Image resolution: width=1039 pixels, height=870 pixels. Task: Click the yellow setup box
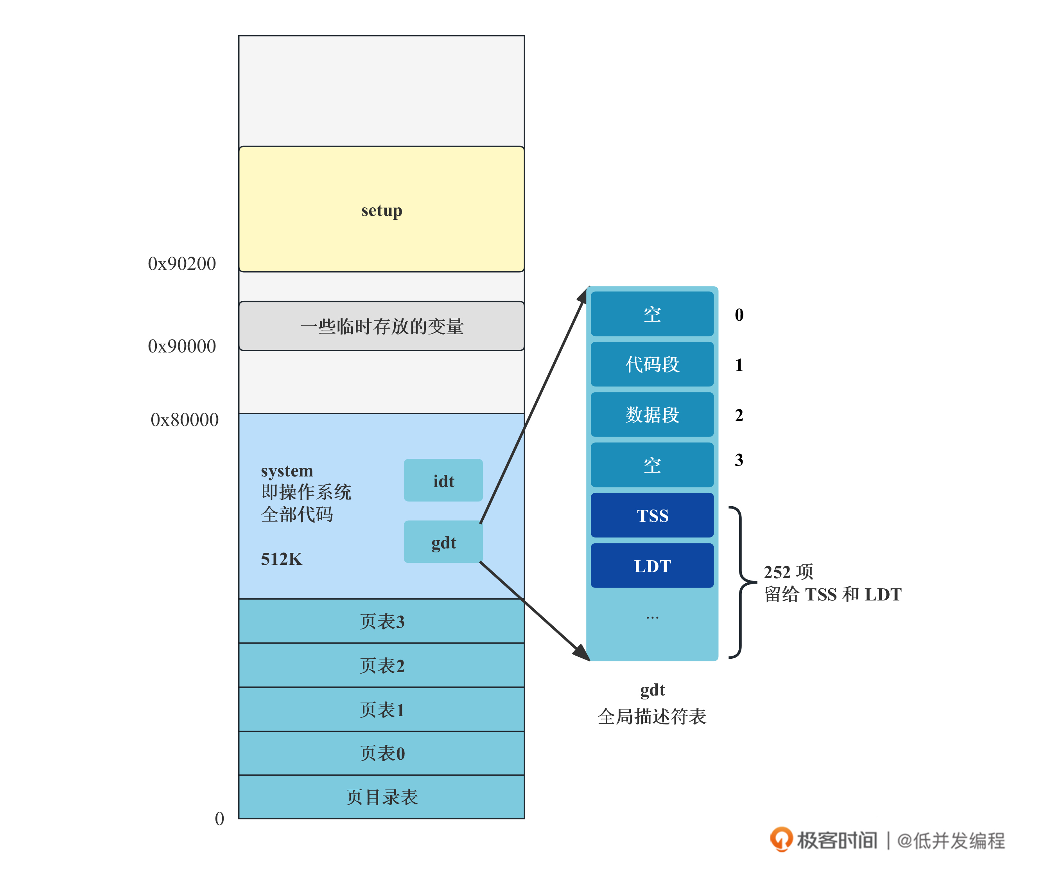point(381,209)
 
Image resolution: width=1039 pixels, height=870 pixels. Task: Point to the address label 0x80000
point(184,420)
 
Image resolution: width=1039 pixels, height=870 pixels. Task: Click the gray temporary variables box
point(381,326)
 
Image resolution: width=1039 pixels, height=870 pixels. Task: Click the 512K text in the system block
point(281,559)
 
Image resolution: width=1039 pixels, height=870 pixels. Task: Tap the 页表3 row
point(381,621)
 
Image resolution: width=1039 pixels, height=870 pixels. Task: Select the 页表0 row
point(381,753)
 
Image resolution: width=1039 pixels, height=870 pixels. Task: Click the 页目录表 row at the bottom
point(381,797)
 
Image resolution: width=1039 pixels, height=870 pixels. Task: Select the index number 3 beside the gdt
point(739,460)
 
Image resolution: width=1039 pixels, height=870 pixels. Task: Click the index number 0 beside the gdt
point(739,315)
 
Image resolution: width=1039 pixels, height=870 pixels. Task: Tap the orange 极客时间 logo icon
point(781,839)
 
